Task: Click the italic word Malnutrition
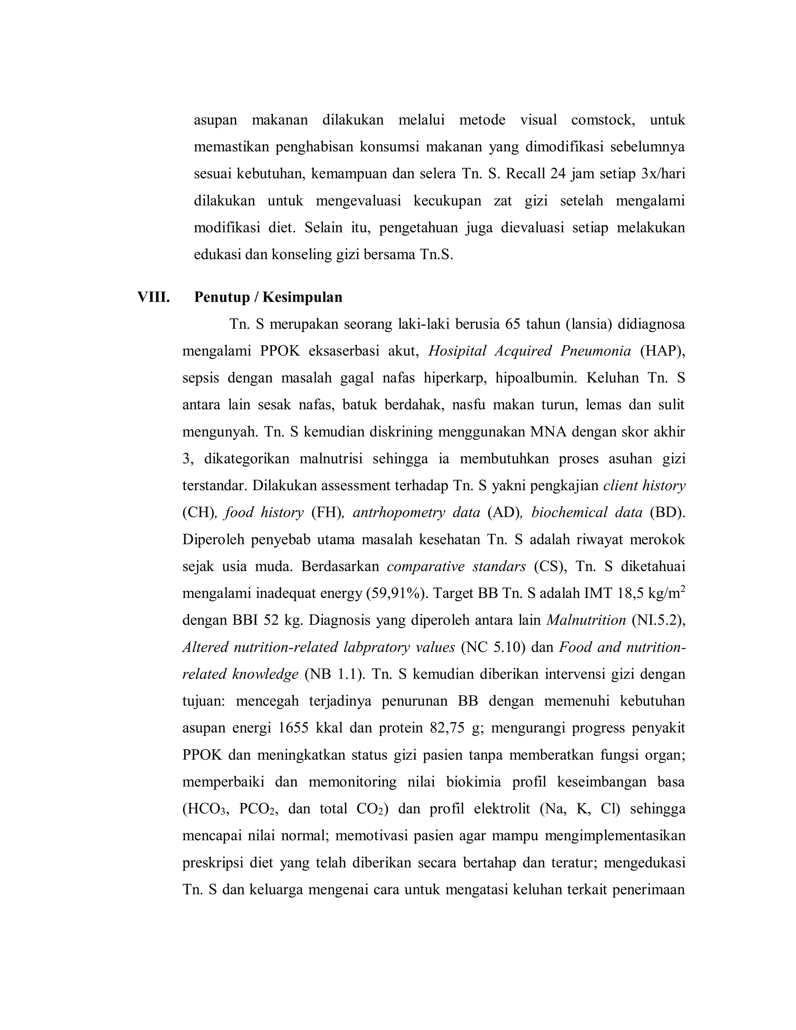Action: (586, 620)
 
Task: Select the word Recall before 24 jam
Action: (526, 174)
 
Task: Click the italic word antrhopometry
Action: (399, 513)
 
